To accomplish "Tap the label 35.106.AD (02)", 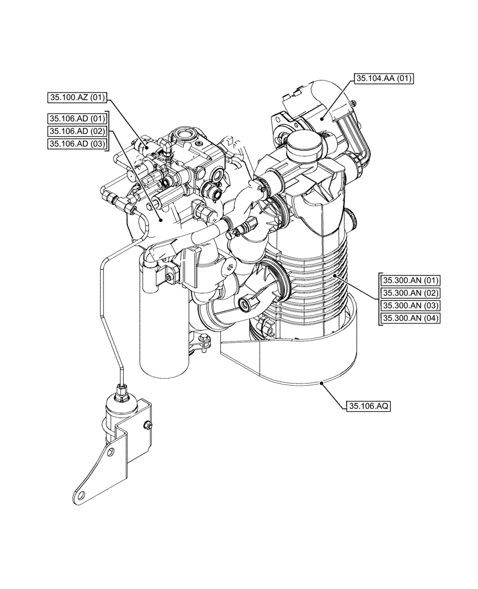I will (x=77, y=131).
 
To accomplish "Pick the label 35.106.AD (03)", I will (x=77, y=144).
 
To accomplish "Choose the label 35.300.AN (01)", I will (x=410, y=280).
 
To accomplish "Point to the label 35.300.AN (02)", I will (x=410, y=293).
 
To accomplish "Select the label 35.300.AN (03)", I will (x=410, y=306).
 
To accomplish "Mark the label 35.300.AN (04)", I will (x=410, y=319).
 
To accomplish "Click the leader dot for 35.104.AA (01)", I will (x=323, y=118).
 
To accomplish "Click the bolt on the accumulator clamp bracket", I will (x=149, y=425).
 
